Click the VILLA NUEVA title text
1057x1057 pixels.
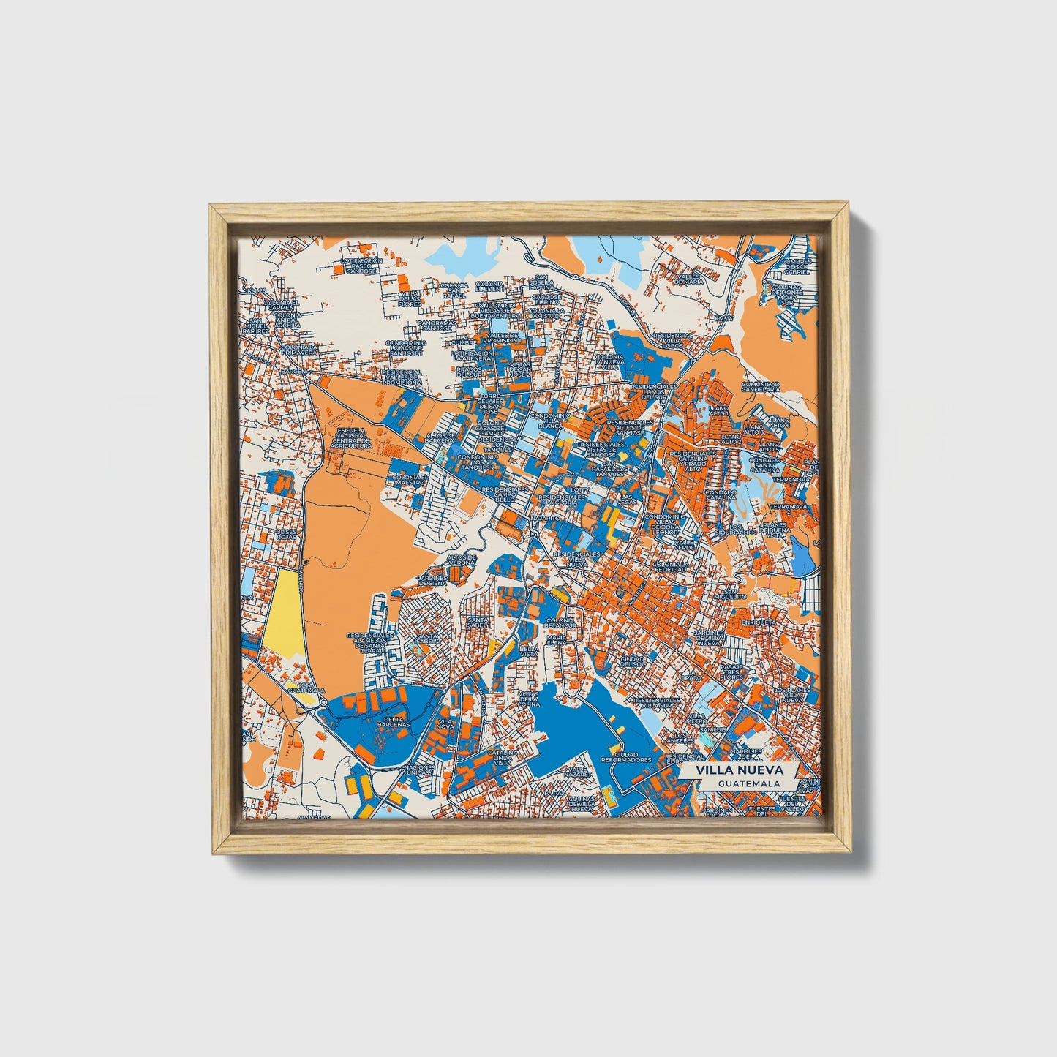click(x=740, y=770)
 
